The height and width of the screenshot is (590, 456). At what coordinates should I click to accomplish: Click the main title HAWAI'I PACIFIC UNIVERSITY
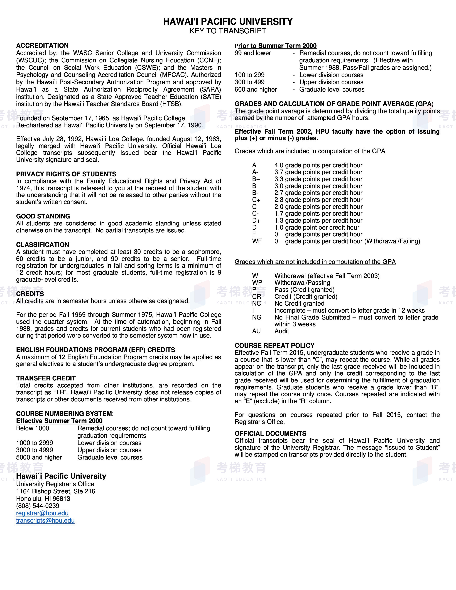228,22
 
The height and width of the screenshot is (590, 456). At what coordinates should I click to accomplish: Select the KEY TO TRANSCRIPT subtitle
228,31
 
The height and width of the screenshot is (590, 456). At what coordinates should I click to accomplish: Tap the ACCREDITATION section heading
42,45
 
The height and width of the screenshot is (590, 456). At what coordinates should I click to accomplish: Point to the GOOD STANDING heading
43,216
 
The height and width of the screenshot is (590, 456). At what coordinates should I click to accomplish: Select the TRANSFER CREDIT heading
46,378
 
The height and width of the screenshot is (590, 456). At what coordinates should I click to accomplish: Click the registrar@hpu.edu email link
42,513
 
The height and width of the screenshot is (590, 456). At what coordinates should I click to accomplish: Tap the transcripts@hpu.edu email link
45,520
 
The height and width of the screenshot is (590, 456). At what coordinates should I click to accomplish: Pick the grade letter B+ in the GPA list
256,179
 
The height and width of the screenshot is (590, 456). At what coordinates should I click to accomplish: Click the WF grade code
257,241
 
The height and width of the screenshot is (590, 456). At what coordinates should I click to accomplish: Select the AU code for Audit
256,331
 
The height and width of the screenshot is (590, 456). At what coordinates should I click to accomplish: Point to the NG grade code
257,317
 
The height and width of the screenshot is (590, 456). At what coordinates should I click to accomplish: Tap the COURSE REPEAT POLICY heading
274,345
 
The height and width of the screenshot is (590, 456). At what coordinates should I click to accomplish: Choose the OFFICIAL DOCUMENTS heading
270,434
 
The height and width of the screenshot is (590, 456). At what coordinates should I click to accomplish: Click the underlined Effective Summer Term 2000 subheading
59,421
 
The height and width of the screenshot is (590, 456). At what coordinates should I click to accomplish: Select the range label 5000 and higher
39,457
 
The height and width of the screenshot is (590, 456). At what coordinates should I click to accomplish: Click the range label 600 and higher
256,89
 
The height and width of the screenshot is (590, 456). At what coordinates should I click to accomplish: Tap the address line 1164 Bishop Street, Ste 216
55,491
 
